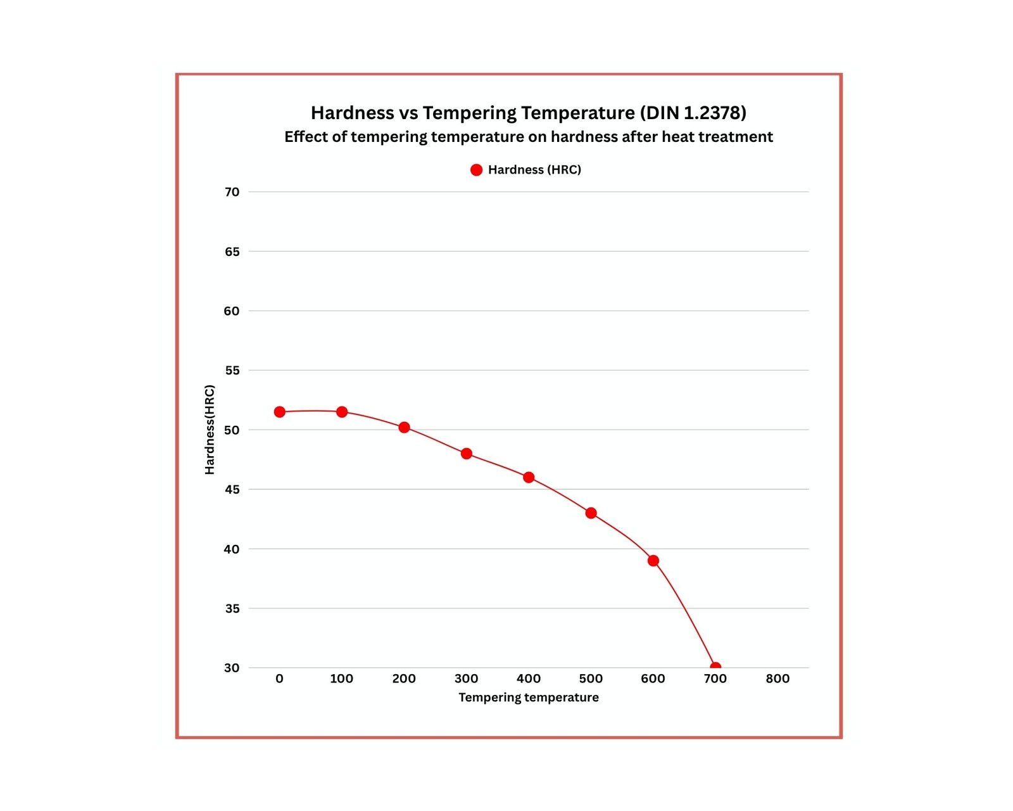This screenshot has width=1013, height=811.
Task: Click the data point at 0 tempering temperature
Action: point(279,412)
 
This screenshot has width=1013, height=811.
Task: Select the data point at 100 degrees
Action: point(342,412)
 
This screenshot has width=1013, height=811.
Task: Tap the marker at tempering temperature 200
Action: point(404,428)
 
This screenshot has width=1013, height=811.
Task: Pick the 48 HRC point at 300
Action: point(467,454)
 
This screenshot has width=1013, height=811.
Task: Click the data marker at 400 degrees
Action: point(529,477)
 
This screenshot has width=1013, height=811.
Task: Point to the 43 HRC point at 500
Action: point(591,513)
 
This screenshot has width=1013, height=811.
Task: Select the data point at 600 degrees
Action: point(653,561)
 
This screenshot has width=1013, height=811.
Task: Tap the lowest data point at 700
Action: point(715,667)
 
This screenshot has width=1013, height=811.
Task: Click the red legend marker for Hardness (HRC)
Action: point(477,170)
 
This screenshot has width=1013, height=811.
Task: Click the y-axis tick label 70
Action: point(232,192)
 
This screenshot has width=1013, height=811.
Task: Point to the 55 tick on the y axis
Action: point(232,370)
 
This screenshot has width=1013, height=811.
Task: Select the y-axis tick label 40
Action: point(232,549)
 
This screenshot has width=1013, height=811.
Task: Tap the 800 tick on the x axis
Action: point(777,679)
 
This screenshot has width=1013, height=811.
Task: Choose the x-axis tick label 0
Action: point(279,679)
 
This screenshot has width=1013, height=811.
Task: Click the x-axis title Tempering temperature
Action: point(529,698)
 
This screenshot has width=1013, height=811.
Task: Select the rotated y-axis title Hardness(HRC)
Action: point(210,430)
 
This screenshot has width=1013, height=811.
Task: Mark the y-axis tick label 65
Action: point(232,252)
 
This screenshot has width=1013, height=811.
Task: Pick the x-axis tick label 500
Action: point(591,679)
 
